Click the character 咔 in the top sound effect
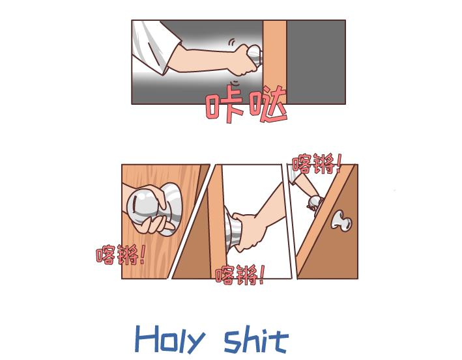tap(224, 105)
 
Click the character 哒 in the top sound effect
tap(267, 106)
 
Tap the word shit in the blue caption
tap(255, 339)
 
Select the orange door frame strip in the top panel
tap(274, 61)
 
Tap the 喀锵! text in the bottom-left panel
tap(120, 255)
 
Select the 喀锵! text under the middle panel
tap(239, 275)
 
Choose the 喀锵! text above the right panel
tap(317, 163)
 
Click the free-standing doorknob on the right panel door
tap(341, 221)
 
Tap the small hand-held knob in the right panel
tap(315, 202)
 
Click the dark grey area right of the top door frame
tap(315, 61)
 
